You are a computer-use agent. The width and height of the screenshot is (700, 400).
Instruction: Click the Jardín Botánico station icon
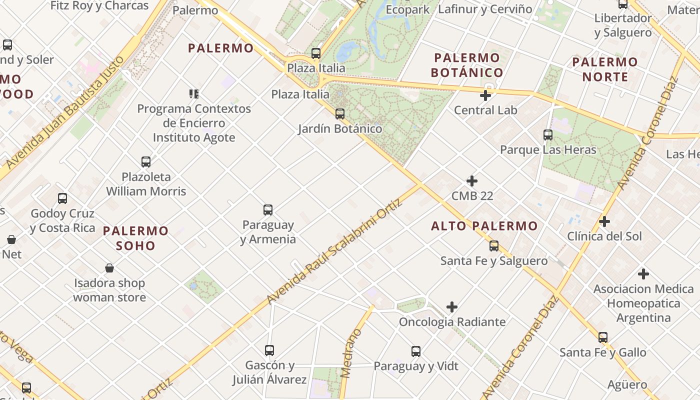340,114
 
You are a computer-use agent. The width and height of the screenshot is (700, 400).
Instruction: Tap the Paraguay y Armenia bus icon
268,210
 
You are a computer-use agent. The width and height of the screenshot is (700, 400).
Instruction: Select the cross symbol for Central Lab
485,95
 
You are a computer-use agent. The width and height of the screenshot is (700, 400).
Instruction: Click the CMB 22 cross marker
472,181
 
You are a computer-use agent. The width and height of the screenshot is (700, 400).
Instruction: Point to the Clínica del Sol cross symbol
604,221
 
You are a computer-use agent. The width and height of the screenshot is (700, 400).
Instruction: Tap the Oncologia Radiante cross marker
452,307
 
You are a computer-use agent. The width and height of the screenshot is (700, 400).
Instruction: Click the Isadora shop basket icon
109,268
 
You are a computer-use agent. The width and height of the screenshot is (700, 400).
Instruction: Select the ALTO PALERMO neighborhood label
484,226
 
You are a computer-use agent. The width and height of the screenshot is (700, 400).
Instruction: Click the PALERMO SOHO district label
135,238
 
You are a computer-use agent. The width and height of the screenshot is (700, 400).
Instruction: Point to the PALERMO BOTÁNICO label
466,65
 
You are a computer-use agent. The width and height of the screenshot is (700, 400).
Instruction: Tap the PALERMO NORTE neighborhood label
605,69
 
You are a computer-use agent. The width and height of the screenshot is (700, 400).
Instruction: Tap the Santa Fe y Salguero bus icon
494,246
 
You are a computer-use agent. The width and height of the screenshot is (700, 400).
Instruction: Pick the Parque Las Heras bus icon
548,135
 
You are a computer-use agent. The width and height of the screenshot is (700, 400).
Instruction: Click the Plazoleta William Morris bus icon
146,162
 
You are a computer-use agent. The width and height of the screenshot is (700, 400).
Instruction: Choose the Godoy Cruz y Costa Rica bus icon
62,198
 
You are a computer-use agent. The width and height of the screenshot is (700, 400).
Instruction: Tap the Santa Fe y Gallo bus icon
603,337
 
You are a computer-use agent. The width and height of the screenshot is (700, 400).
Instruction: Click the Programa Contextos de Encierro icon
194,93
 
